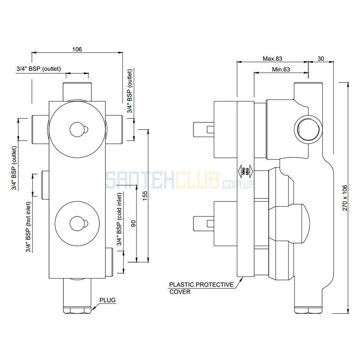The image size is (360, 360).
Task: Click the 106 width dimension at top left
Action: coord(77,49)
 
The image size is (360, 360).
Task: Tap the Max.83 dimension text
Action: coord(272,58)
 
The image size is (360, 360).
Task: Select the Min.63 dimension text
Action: coord(281,69)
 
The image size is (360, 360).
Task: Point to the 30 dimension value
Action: coord(320,58)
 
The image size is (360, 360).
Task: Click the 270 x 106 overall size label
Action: coord(345,198)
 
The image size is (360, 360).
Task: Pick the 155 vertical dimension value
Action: coord(144,196)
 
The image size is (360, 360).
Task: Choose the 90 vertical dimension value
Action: coord(133,223)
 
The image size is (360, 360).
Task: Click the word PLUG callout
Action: coord(108,300)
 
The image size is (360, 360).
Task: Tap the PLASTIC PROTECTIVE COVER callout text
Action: coord(201,288)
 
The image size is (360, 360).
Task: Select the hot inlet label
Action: coord(28,227)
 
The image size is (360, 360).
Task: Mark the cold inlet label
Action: coord(119,219)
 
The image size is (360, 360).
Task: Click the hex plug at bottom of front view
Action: coord(77,310)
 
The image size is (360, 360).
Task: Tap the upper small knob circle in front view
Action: coord(77,130)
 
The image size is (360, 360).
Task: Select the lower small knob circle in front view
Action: coord(77,223)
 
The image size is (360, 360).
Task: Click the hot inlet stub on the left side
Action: coord(45,185)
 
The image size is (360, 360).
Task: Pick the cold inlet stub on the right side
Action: coord(109,262)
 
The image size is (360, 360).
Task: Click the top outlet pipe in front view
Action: coord(77,92)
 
